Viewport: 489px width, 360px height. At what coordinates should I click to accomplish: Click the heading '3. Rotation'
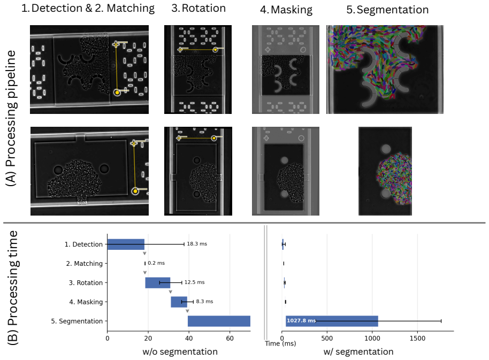198,9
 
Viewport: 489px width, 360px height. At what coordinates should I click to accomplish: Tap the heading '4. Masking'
286,10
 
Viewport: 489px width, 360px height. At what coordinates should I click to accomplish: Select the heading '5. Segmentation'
387,10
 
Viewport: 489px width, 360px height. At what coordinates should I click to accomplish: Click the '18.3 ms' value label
197,244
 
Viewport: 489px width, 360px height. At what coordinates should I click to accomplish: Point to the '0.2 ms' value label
156,263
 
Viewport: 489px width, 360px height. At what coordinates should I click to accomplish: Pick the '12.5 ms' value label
195,282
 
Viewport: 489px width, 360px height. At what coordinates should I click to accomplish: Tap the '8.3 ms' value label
204,301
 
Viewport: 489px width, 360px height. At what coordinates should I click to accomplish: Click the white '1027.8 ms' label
301,321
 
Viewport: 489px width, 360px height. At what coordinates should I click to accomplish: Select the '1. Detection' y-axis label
83,244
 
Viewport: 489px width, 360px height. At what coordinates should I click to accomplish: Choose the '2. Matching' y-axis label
84,264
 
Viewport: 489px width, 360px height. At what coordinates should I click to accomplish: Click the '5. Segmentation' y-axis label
77,321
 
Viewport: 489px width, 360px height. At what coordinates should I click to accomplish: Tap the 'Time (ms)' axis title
280,343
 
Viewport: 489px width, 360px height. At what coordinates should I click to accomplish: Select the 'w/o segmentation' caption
180,351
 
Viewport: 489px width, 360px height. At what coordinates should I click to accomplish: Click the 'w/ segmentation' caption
358,351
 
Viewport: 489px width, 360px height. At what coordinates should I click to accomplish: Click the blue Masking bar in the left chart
179,302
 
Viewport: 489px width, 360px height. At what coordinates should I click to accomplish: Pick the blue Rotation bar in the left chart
158,282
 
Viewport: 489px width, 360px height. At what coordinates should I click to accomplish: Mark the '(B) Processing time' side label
13,288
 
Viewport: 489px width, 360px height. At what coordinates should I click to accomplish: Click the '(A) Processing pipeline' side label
12,118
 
